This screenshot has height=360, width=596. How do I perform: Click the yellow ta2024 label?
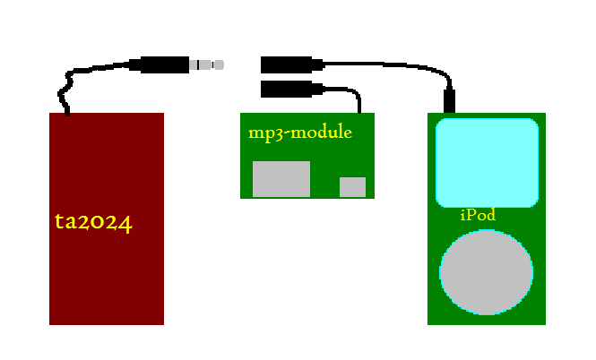click(93, 222)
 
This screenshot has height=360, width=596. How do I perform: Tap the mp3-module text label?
click(299, 133)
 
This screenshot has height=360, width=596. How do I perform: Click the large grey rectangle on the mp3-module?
click(281, 179)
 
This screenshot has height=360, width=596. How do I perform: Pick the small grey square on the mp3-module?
click(352, 186)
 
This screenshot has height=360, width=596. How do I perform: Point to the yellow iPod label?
click(477, 215)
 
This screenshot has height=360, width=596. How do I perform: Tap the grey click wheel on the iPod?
click(487, 272)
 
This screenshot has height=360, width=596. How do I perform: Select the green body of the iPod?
click(448, 304)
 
